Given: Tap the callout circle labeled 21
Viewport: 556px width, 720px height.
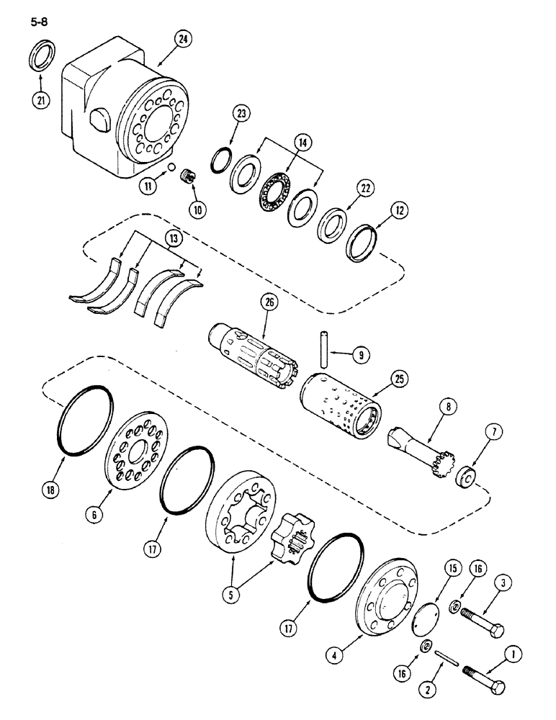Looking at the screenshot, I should [x=40, y=100].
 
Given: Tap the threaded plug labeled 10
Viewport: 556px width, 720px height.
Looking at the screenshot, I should [x=187, y=177].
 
